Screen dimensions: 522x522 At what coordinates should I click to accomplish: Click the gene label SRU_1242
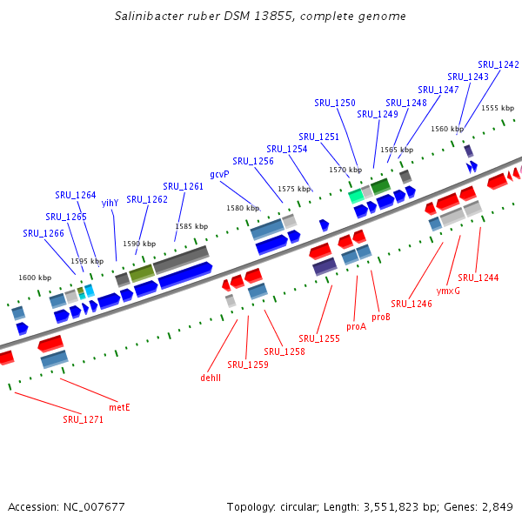coord(499,64)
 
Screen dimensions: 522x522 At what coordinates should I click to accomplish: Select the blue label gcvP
coord(219,174)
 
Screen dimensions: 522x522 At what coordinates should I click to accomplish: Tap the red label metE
coord(119,406)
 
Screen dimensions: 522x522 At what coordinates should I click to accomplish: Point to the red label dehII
coord(211,378)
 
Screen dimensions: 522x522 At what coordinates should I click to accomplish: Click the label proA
coord(357,327)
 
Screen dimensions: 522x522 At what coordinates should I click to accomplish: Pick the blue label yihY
coord(110,203)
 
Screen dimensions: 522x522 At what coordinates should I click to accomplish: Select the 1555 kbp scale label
coord(497,108)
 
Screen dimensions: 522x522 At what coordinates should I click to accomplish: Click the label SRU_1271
coord(83,419)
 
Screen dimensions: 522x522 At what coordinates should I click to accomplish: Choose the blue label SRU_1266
coord(43,233)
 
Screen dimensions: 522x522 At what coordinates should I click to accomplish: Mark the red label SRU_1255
coord(319,338)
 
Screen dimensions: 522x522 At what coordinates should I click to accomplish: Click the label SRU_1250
coord(335,103)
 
